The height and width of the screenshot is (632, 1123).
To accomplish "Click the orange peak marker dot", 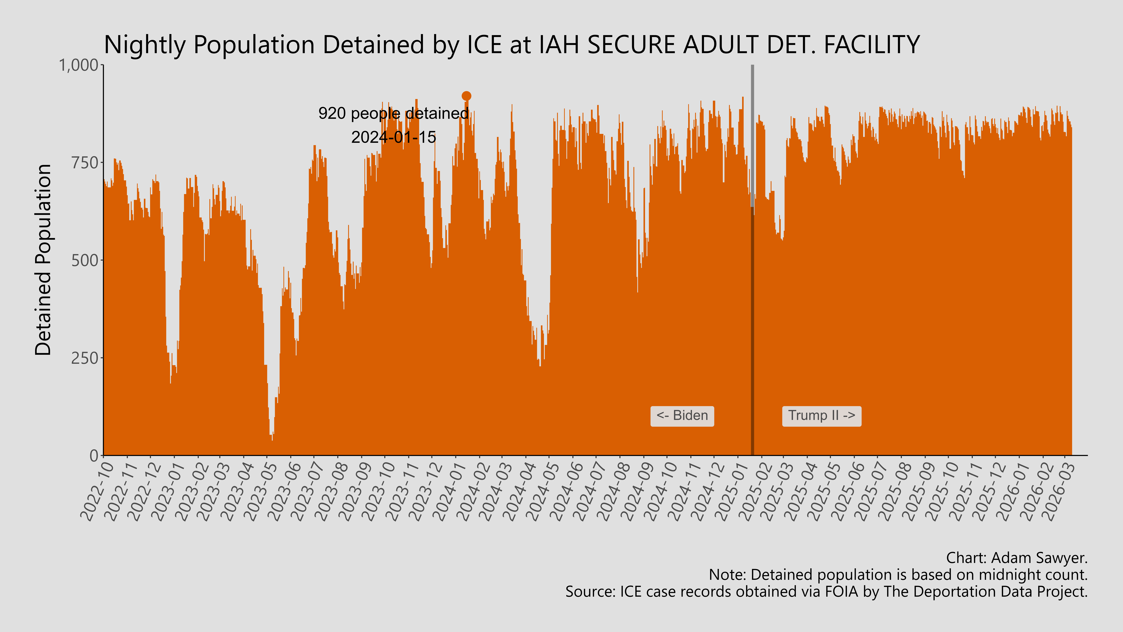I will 466,96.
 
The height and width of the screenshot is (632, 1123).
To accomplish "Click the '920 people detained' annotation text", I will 393,113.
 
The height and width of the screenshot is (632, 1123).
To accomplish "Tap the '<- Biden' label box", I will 682,416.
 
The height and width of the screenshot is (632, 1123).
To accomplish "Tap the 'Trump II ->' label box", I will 821,416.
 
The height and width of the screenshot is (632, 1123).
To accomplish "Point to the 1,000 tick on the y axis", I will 78,65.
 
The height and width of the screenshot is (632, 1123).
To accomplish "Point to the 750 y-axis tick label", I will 85,163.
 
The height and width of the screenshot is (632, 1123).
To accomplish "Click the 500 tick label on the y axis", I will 85,260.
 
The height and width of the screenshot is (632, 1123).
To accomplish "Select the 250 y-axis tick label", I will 85,358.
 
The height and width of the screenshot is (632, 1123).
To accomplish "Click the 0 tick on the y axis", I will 94,456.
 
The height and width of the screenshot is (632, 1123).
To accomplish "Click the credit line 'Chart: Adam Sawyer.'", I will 1017,558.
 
